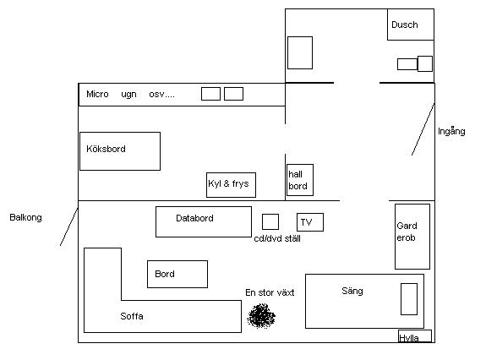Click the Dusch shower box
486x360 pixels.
pyautogui.click(x=411, y=25)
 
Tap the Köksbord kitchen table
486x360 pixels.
pyautogui.click(x=120, y=151)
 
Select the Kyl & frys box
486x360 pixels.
pyautogui.click(x=232, y=185)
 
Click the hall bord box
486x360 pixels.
pyautogui.click(x=300, y=180)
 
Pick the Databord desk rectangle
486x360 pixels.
pyautogui.click(x=204, y=221)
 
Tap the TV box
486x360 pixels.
pyautogui.click(x=310, y=222)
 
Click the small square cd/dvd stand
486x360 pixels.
pyautogui.click(x=270, y=221)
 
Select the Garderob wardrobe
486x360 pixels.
pyautogui.click(x=412, y=237)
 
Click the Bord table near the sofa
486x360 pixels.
pyautogui.click(x=177, y=274)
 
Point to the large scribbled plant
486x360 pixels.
pyautogui.click(x=261, y=316)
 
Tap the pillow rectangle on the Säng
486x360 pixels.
pyautogui.click(x=409, y=299)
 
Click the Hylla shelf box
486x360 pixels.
pyautogui.click(x=415, y=336)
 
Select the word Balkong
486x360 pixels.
pyautogui.click(x=25, y=217)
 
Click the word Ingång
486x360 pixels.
pyautogui.click(x=451, y=131)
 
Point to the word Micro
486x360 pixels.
pyautogui.click(x=97, y=94)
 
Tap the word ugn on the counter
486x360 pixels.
pyautogui.click(x=128, y=95)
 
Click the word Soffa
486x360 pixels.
pyautogui.click(x=132, y=316)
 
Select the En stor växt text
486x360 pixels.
pyautogui.click(x=270, y=292)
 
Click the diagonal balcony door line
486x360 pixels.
pyautogui.click(x=68, y=226)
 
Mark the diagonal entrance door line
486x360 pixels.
pyautogui.click(x=423, y=129)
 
